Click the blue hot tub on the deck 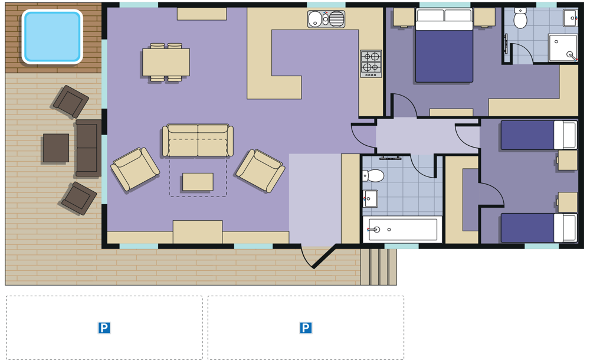tap(52, 37)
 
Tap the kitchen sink tap(326, 19)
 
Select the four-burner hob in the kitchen tap(371, 64)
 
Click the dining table tap(166, 62)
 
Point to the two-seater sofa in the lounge tap(198, 140)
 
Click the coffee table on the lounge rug tap(198, 182)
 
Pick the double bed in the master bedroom tap(444, 45)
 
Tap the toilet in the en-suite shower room tap(520, 18)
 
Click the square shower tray tap(563, 48)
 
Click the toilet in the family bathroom tap(373, 175)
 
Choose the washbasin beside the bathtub tap(371, 198)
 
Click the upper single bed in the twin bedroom tap(539, 135)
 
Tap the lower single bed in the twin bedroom tap(539, 228)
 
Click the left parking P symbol tap(104, 328)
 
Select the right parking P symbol tap(306, 328)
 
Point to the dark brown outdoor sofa tap(88, 148)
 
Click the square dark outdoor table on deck tap(56, 148)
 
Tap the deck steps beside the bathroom tap(379, 267)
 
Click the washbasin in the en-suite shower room tap(571, 18)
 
